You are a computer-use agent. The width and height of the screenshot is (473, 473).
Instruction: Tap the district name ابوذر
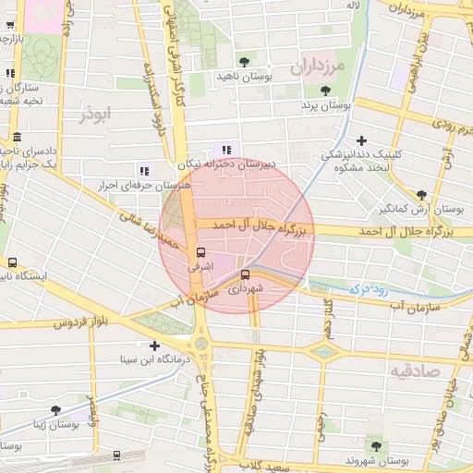click(94, 114)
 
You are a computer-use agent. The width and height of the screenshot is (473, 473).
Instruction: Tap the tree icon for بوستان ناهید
click(244, 61)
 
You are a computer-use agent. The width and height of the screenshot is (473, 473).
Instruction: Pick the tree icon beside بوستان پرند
click(325, 91)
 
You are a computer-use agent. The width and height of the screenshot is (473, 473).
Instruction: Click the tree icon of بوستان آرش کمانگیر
click(422, 195)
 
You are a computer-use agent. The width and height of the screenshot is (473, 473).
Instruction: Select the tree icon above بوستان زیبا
click(56, 409)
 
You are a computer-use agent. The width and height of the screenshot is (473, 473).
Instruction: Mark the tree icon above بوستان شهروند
click(374, 445)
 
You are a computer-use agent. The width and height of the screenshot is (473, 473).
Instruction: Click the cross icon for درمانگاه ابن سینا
click(153, 346)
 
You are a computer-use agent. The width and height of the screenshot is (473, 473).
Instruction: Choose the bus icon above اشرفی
click(200, 252)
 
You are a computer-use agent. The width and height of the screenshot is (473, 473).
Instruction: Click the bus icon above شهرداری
click(245, 274)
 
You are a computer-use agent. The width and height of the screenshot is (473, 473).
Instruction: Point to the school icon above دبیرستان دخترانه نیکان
click(227, 151)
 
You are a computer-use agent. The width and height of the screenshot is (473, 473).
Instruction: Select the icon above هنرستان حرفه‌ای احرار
click(143, 171)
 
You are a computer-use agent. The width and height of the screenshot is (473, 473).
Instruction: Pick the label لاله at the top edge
click(352, 6)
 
